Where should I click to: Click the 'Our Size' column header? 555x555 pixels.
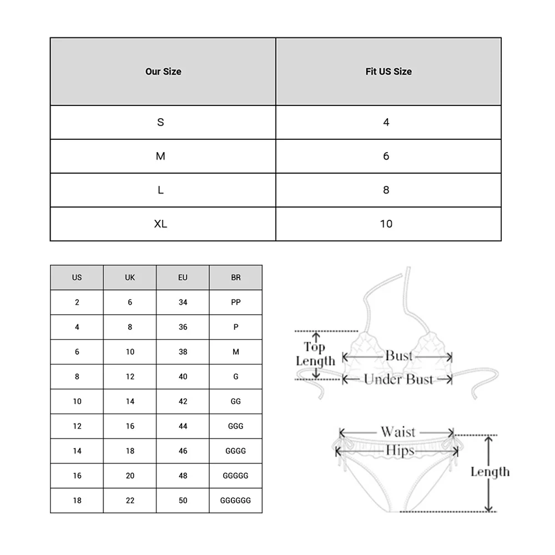point(163,72)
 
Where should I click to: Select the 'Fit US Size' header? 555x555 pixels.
point(389,72)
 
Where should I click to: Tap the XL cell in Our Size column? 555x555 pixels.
point(161,224)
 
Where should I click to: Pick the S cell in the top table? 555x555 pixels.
point(161,122)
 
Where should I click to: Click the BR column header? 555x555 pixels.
point(236,277)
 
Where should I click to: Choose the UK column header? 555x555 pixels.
point(130,277)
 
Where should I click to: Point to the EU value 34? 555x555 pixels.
point(183,302)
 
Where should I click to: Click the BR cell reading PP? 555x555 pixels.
point(236,302)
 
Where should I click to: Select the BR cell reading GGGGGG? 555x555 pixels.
point(236,501)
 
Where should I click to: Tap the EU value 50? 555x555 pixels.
point(183,501)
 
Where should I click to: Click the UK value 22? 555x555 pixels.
point(130,501)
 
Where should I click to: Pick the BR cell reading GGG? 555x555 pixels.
point(236,426)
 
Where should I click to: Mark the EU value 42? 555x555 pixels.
point(183,401)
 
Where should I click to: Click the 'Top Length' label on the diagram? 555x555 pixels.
point(315,354)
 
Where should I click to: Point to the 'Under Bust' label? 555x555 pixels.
point(398,380)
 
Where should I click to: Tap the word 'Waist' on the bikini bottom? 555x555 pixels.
point(398,432)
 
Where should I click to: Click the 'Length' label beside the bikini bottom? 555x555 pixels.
point(490,472)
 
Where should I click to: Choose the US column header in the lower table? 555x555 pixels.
point(77,277)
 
